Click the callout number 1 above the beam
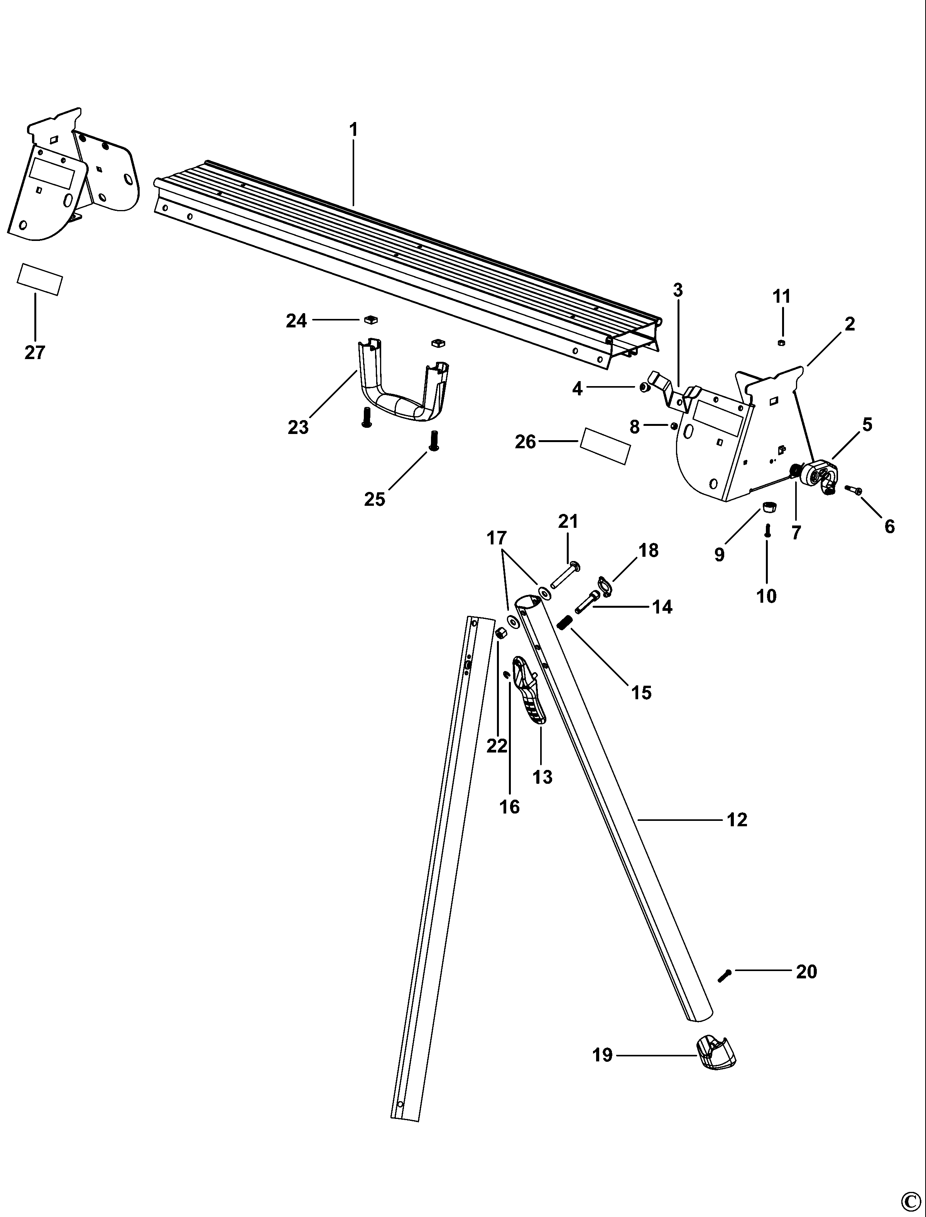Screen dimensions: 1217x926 353,130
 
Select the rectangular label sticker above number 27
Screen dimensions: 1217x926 40,280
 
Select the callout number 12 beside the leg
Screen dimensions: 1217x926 737,820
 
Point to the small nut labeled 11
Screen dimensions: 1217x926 781,343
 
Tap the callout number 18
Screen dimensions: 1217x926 648,550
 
